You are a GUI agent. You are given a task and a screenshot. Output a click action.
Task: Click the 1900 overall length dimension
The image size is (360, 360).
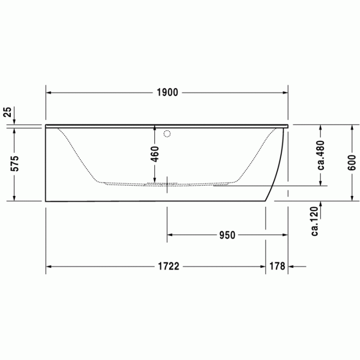[x=167, y=93]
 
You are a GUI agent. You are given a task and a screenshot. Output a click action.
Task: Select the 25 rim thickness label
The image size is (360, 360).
[x=7, y=112]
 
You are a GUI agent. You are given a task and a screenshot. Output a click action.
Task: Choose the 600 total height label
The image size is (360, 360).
[x=352, y=163]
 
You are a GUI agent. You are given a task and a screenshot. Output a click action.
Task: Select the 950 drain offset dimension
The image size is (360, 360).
[x=227, y=235]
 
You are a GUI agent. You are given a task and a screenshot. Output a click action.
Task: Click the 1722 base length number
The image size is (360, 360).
[x=168, y=266]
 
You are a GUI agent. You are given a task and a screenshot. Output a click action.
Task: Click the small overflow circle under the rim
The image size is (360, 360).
[x=166, y=135]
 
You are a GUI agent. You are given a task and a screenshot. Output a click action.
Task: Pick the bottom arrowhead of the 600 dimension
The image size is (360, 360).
[x=352, y=198]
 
